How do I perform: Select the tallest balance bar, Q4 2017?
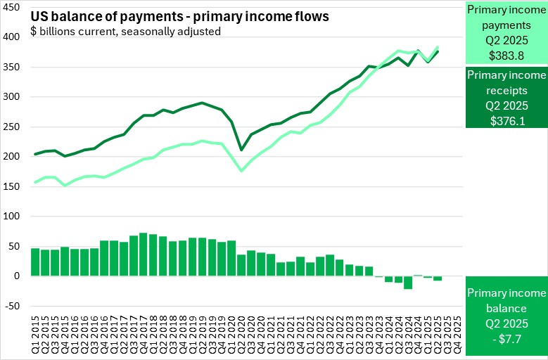pyautogui.click(x=144, y=255)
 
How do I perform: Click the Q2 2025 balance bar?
pyautogui.click(x=437, y=278)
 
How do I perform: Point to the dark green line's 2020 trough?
pyautogui.click(x=241, y=149)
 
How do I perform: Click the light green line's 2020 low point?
pyautogui.click(x=241, y=170)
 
